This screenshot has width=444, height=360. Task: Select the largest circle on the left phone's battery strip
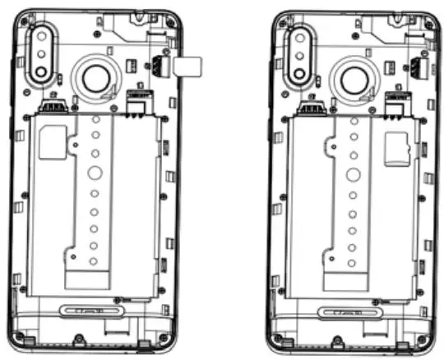tap(95, 173)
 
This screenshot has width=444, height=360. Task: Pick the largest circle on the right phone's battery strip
tap(353, 173)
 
